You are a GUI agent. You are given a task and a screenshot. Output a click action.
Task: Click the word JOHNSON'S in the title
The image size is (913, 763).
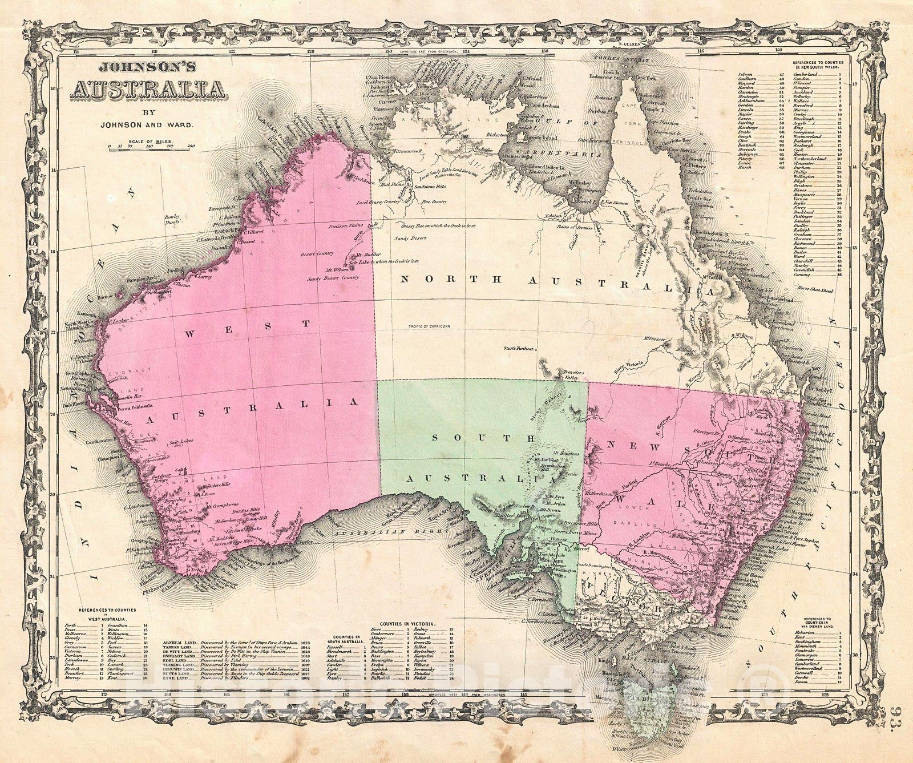(x=147, y=67)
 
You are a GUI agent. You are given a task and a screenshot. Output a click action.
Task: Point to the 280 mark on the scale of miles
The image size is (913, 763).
(x=191, y=147)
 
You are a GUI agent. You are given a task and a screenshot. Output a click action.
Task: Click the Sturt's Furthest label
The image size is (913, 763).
(x=518, y=348)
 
